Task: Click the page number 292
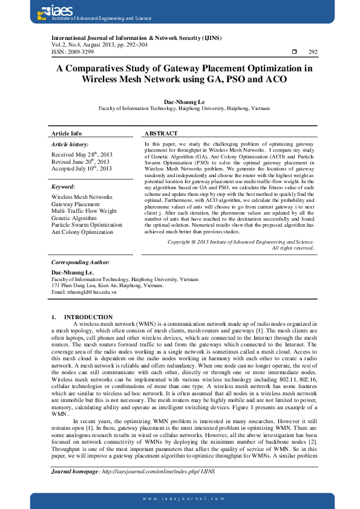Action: pyautogui.click(x=313, y=52)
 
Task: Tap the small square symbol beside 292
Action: pyautogui.click(x=293, y=52)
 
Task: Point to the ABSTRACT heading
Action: pyautogui.click(x=161, y=133)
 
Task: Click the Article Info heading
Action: pyautogui.click(x=67, y=133)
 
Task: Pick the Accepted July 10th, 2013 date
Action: pyautogui.click(x=82, y=169)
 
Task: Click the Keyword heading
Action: pyautogui.click(x=63, y=187)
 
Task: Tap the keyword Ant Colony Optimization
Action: pyautogui.click(x=82, y=232)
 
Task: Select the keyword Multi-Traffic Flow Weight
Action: pyautogui.click(x=84, y=211)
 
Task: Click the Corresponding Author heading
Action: pyautogui.click(x=80, y=262)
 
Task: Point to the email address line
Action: pyautogui.click(x=83, y=292)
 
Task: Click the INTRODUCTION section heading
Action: pyautogui.click(x=88, y=317)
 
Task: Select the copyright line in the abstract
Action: pyautogui.click(x=241, y=242)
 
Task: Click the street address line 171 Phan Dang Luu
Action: pyautogui.click(x=106, y=286)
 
